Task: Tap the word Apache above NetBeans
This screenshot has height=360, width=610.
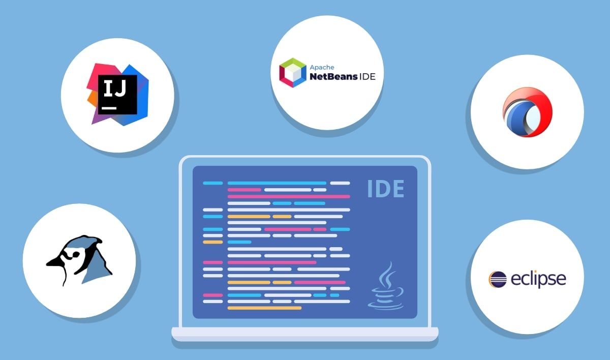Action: coord(321,67)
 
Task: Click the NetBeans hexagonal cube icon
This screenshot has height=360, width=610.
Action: coord(293,73)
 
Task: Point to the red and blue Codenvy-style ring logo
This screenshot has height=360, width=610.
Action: coord(527,112)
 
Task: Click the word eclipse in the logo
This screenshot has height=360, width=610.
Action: coord(538,279)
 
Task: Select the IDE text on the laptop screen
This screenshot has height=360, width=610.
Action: coord(386,189)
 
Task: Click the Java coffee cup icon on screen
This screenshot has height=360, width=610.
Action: coord(385,297)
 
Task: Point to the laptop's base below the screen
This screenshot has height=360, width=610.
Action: coord(304,334)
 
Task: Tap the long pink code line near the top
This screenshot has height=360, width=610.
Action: coord(289,196)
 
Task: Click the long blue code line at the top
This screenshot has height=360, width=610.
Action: coord(277,183)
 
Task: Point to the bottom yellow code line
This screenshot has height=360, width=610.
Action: coord(264,308)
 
